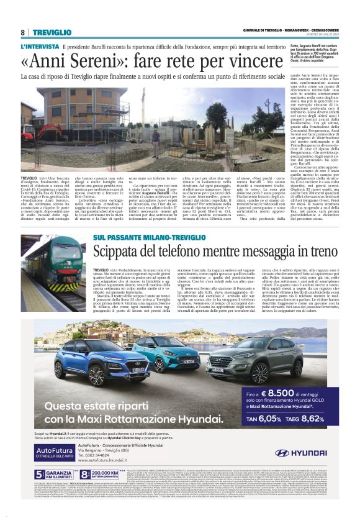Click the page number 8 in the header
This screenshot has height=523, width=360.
pos(22,32)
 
